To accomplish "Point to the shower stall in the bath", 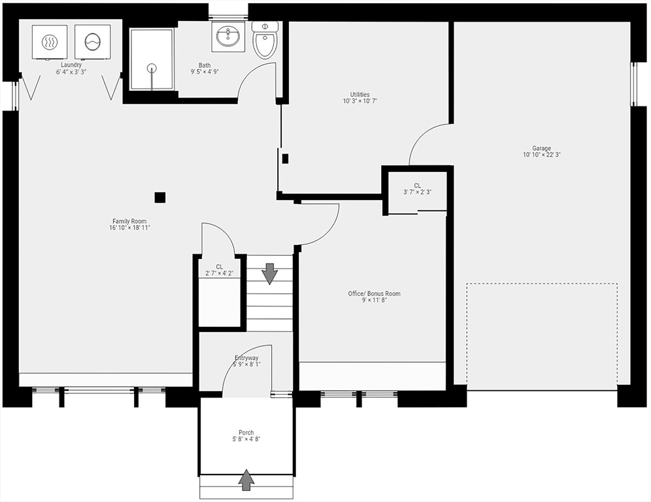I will (152, 59).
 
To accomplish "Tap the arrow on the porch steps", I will (246, 480).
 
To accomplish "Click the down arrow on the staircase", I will (269, 273).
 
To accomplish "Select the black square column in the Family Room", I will (160, 197).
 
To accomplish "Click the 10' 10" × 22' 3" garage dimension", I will (541, 156).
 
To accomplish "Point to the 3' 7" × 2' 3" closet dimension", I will (417, 192).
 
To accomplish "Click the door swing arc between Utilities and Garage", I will (424, 141).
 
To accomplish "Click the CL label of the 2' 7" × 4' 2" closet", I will (219, 266).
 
